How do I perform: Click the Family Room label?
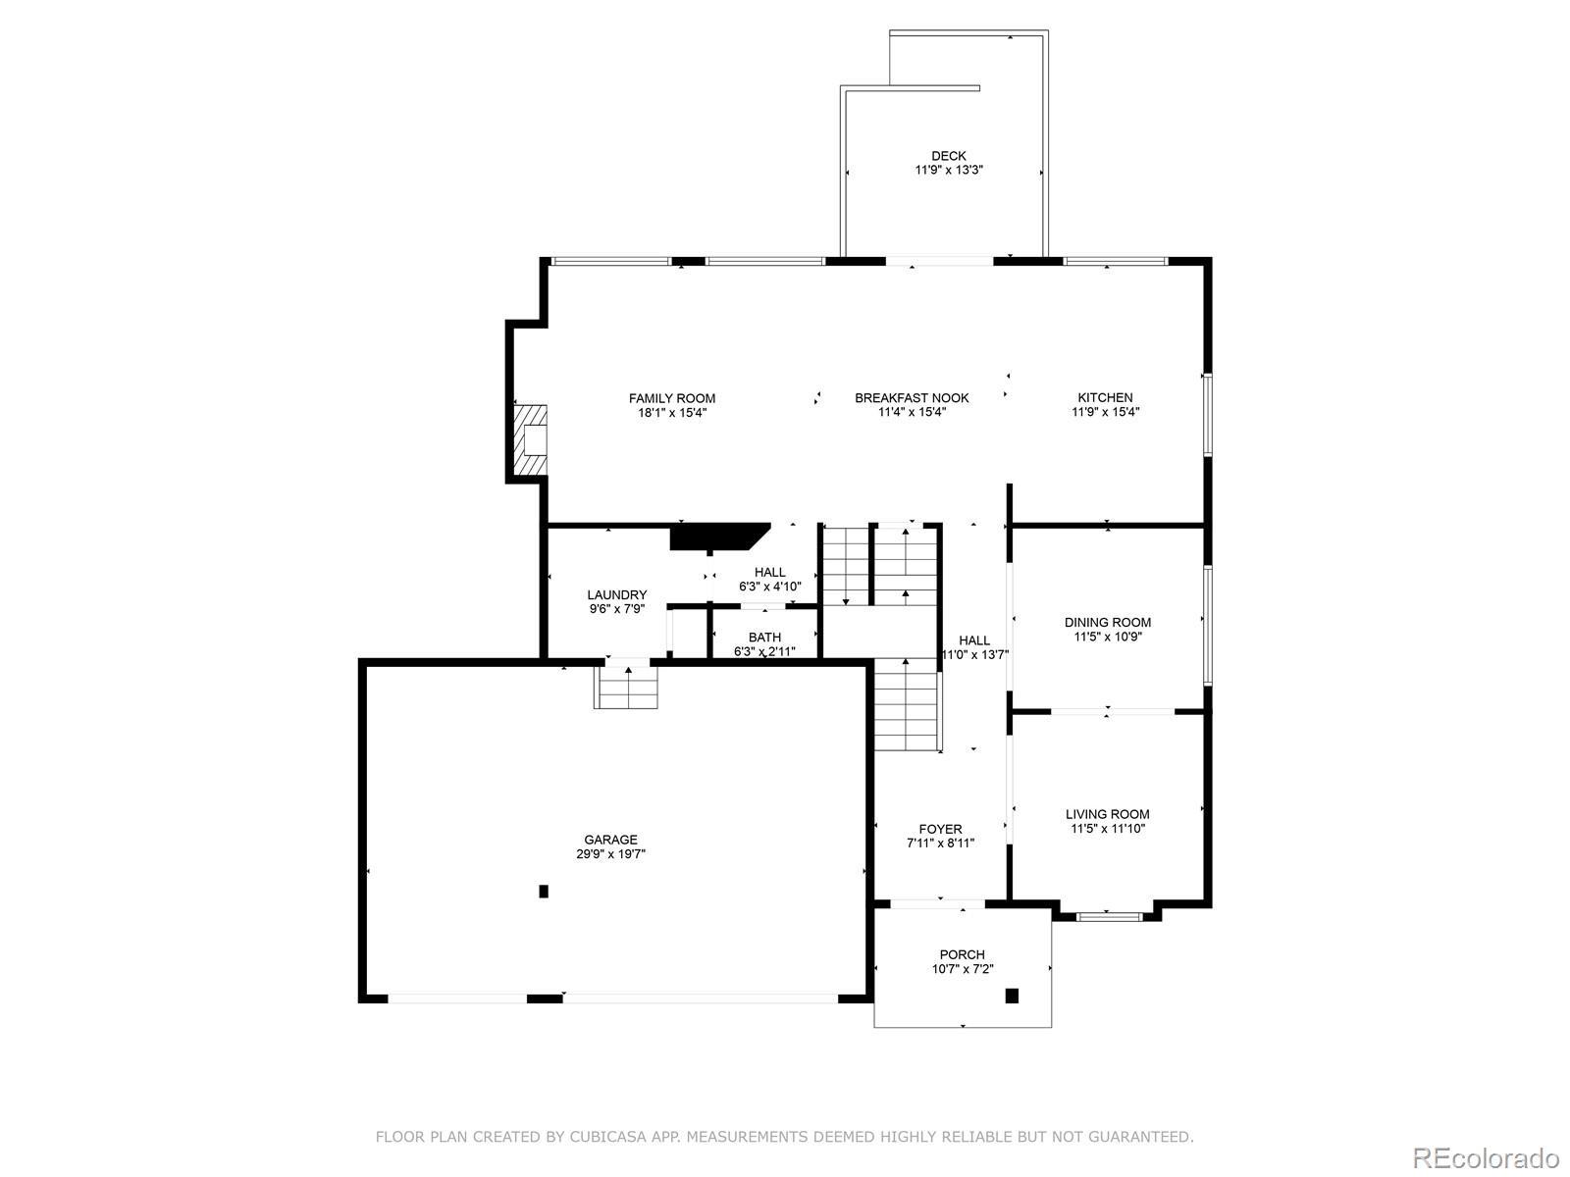[x=671, y=399]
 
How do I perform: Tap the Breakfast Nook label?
[x=912, y=398]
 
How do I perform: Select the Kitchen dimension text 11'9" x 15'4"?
[x=1105, y=412]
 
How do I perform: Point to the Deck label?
[x=949, y=156]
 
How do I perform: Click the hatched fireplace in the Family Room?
[x=530, y=440]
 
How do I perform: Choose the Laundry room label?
[x=616, y=594]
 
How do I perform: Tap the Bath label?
[x=764, y=637]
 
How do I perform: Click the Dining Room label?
[x=1107, y=623]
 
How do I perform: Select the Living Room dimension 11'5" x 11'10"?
[x=1107, y=829]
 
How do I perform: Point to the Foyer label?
[x=940, y=829]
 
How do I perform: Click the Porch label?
[x=962, y=954]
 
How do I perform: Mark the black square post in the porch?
[x=1012, y=996]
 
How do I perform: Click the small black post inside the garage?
[x=544, y=892]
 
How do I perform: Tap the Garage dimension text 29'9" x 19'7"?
[x=610, y=853]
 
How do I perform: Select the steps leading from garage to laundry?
[x=626, y=687]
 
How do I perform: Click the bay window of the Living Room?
[x=1110, y=916]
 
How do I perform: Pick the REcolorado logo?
[x=1486, y=1157]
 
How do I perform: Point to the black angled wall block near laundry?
[x=719, y=537]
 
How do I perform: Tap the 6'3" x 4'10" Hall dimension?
[x=769, y=587]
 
